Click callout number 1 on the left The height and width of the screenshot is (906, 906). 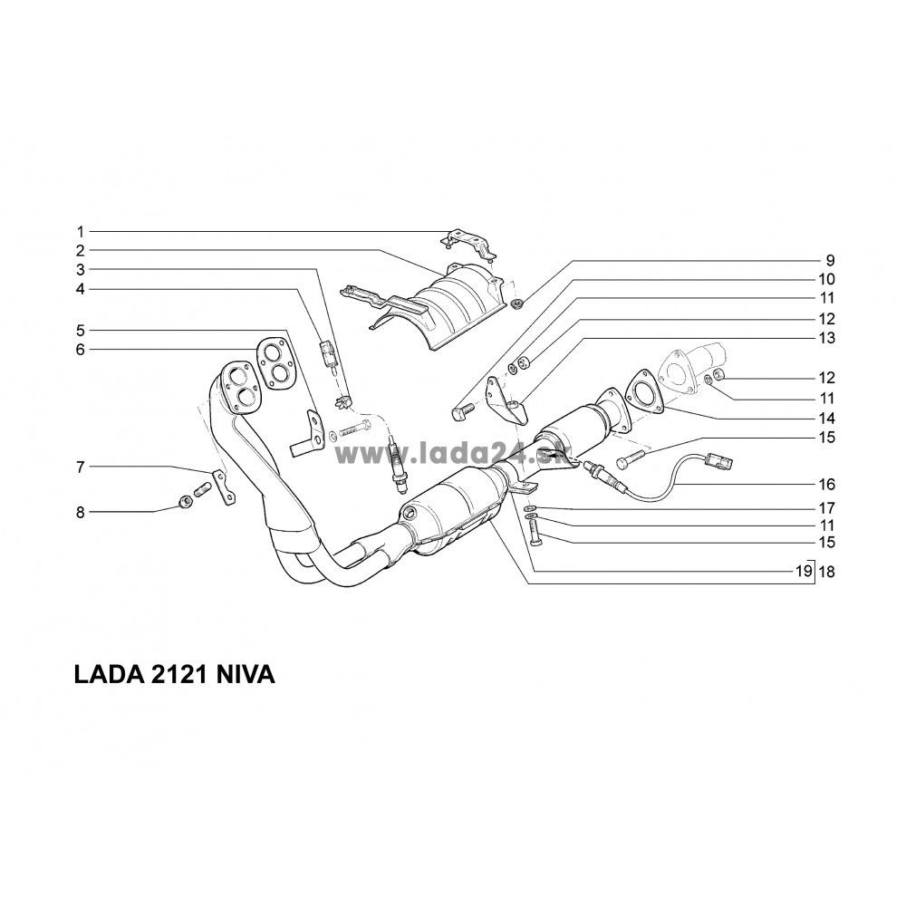[x=80, y=230]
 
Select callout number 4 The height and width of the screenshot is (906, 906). [x=80, y=289]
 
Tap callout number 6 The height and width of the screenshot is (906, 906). [x=80, y=349]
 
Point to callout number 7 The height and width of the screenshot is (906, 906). [x=80, y=467]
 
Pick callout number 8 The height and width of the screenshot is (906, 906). [x=80, y=512]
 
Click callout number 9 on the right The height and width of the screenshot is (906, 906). [x=829, y=260]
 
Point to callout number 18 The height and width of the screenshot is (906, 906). [x=825, y=573]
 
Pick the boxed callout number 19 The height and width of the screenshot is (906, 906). [x=802, y=573]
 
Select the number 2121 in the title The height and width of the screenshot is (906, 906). [x=175, y=676]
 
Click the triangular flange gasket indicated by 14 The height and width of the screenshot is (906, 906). [x=642, y=393]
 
